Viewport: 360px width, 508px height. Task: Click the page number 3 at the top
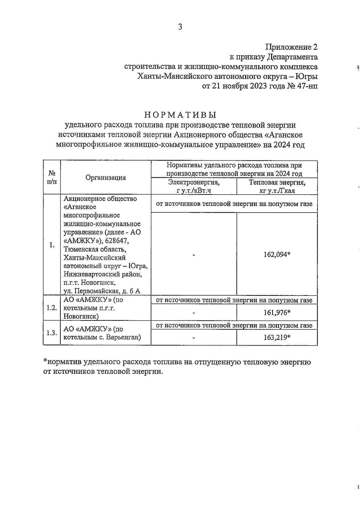pyautogui.click(x=180, y=27)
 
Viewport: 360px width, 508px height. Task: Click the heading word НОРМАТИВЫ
pyautogui.click(x=180, y=115)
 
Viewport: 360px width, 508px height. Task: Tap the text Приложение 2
pyautogui.click(x=291, y=47)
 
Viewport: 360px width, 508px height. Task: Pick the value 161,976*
pyautogui.click(x=277, y=313)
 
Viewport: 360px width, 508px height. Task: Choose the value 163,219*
pyautogui.click(x=277, y=338)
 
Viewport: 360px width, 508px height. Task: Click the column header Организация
pyautogui.click(x=106, y=177)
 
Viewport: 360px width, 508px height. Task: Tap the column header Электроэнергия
pyautogui.click(x=194, y=182)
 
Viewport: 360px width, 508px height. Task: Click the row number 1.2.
pyautogui.click(x=52, y=308)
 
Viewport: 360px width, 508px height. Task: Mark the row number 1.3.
pyautogui.click(x=52, y=333)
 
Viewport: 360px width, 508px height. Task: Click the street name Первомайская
pyautogui.click(x=96, y=291)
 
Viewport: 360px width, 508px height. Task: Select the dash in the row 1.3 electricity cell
pyautogui.click(x=194, y=338)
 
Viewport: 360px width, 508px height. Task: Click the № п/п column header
pyautogui.click(x=52, y=177)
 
